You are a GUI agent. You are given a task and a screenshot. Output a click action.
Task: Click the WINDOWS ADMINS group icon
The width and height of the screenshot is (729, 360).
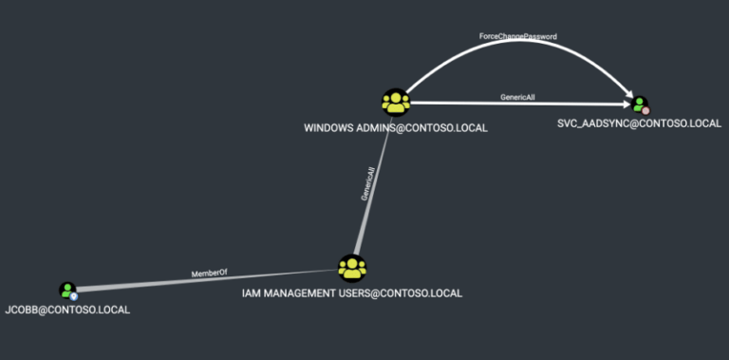coord(395,102)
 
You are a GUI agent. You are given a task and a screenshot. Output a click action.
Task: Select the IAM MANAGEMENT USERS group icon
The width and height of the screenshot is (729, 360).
coord(352,268)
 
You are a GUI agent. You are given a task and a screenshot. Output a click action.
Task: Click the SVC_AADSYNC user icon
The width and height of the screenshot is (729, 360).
coord(641,104)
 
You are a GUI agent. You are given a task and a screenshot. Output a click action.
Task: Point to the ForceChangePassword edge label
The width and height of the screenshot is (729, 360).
coord(517,36)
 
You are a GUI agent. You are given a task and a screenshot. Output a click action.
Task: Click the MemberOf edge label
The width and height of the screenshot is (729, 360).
coord(210,274)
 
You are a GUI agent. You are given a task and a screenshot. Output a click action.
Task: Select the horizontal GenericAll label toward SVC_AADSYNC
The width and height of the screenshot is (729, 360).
coord(519,98)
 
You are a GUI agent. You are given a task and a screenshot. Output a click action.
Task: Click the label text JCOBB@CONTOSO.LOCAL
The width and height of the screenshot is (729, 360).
coord(67,311)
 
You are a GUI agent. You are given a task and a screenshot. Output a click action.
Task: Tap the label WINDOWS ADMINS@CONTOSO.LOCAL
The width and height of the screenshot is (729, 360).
coord(395,128)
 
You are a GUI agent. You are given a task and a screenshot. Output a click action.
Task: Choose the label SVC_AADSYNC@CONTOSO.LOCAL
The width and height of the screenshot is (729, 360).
coord(640,123)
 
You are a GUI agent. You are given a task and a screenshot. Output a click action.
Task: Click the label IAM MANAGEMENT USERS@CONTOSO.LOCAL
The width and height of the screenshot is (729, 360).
coord(352,294)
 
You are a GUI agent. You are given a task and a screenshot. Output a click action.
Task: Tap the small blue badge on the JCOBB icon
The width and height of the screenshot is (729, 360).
coord(73,296)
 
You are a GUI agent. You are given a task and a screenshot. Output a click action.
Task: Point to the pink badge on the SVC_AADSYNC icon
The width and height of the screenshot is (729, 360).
coord(645,110)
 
